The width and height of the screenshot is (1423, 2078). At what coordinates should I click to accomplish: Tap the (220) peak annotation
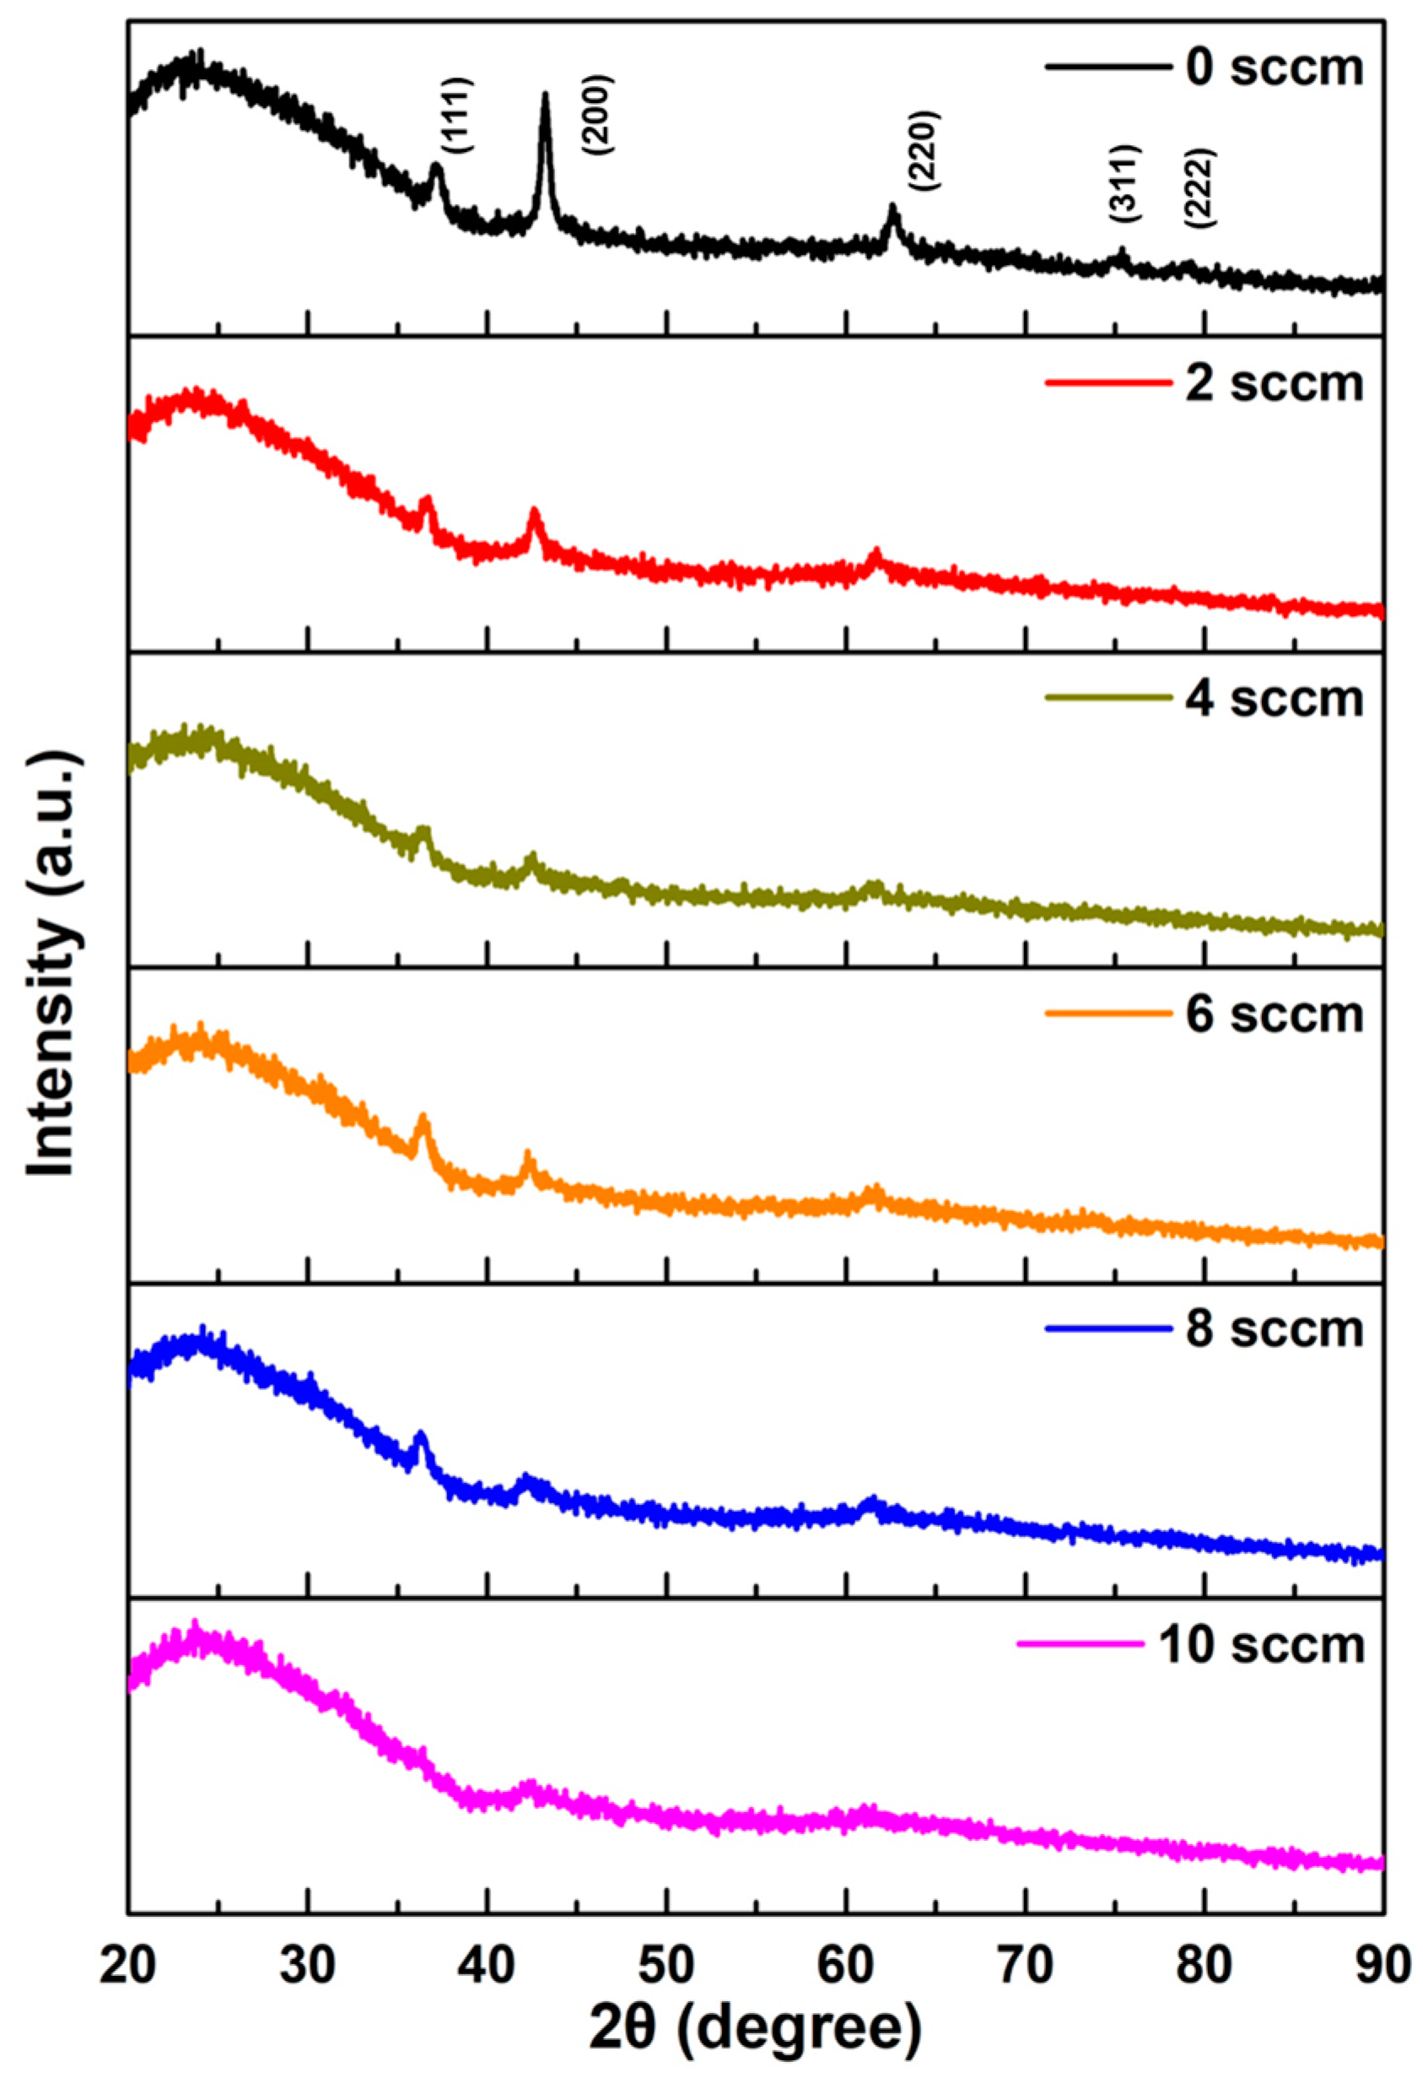923,150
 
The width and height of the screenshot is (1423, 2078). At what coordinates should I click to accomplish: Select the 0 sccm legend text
1274,68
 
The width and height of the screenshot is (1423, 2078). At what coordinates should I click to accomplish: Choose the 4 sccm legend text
1274,698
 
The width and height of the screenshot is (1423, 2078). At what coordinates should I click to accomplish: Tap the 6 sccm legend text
1274,1014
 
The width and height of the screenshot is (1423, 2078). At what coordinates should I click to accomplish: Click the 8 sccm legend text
1274,1329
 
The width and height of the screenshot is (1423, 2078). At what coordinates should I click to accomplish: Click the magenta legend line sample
1080,1644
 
